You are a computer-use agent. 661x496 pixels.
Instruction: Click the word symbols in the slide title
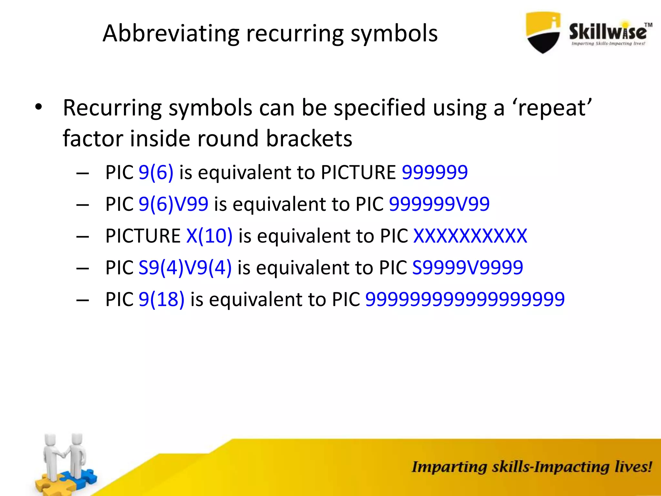pos(394,33)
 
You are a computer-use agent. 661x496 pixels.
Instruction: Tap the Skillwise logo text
pos(607,32)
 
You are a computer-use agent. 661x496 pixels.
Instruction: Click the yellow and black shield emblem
pos(543,32)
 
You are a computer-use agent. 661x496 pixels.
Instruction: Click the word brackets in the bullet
pos(309,139)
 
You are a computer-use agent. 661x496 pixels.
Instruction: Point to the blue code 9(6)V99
pos(173,204)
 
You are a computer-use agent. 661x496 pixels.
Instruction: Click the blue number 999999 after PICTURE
pos(434,172)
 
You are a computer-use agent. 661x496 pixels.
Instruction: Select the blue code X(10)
pos(209,236)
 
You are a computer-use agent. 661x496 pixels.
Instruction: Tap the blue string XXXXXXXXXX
pos(470,236)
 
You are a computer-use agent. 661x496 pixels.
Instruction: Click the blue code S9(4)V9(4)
pos(185,268)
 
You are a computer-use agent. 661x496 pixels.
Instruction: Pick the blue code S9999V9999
pos(467,268)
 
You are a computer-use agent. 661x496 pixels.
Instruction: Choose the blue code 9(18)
pos(161,299)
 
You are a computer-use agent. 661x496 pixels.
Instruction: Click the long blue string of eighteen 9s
pos(465,299)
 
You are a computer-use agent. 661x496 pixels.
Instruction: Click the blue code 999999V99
pos(439,204)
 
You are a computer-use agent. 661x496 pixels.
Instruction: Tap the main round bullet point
pos(38,108)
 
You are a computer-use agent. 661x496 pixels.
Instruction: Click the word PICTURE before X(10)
pos(143,236)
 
